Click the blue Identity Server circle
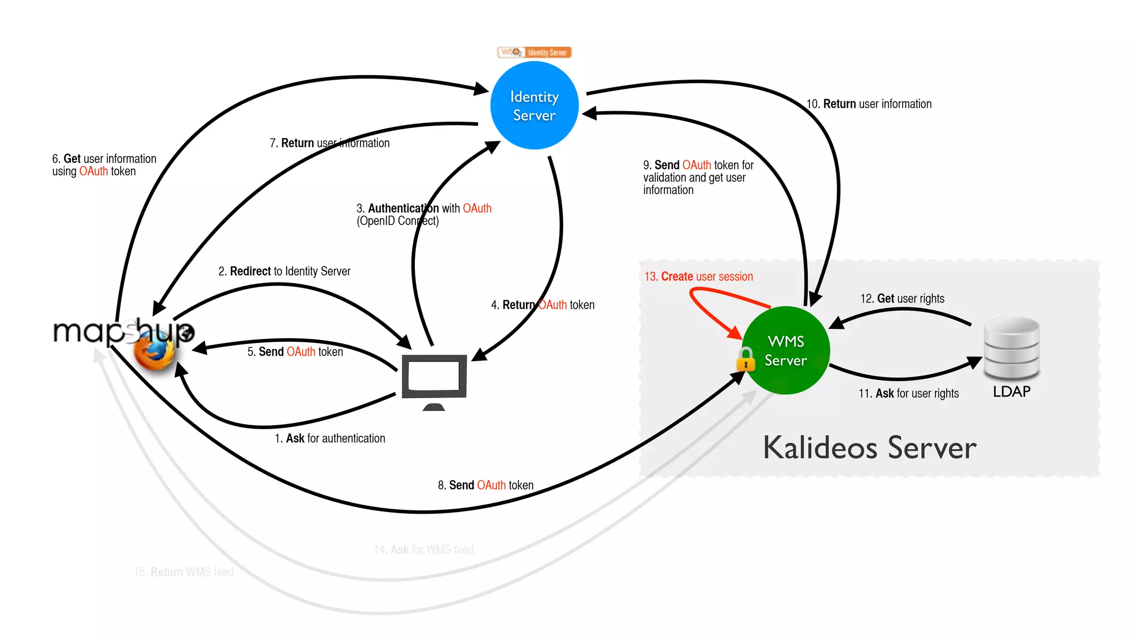[x=534, y=106]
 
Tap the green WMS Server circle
[x=786, y=351]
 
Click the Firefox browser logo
[x=154, y=352]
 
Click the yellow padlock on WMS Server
[x=746, y=359]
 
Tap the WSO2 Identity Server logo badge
[x=534, y=53]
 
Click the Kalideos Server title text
[x=869, y=447]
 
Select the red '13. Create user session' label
[x=698, y=276]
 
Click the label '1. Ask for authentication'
[x=330, y=438]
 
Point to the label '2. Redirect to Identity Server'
[x=284, y=271]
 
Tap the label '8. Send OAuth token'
[x=485, y=485]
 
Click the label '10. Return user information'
[x=869, y=104]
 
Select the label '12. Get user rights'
[x=902, y=299]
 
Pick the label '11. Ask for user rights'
[x=908, y=394]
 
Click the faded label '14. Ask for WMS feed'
[x=424, y=550]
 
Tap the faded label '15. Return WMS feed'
[x=184, y=572]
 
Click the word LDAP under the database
[x=1011, y=391]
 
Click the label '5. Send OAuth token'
[x=295, y=352]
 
